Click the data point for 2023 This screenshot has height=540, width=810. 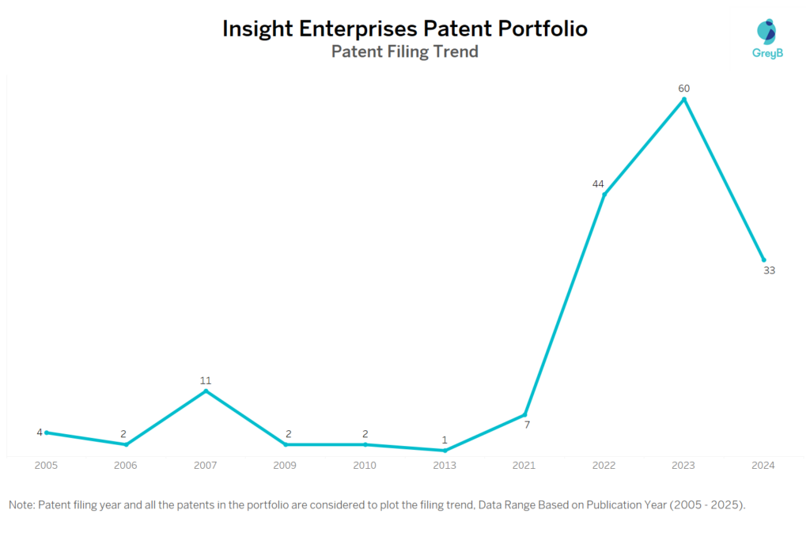[684, 99]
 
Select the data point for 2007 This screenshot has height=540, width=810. [206, 391]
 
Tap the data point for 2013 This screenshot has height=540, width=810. [445, 451]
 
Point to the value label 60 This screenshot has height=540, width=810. [684, 88]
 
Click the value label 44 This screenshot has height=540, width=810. [598, 184]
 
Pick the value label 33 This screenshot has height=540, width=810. [769, 270]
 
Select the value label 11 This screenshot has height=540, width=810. [206, 380]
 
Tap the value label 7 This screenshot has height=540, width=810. [527, 425]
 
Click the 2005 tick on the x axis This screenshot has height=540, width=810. [46, 466]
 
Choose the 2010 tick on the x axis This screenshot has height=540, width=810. [365, 466]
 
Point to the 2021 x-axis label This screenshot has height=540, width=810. [524, 466]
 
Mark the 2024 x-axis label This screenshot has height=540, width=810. [763, 466]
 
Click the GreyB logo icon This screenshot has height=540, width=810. [766, 31]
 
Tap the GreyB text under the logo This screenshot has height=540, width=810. [766, 55]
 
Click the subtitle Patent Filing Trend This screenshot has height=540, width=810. [404, 52]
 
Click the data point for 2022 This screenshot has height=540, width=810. [604, 194]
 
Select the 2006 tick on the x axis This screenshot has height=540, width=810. [126, 466]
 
